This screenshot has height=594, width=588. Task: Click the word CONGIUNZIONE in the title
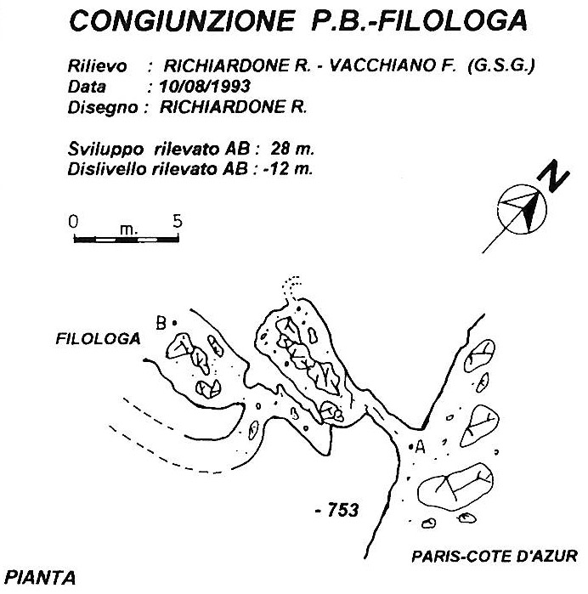click(182, 20)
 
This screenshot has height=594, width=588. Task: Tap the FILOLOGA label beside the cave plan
click(98, 338)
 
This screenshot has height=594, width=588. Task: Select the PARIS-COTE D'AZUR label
click(495, 556)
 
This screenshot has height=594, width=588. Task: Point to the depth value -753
click(337, 510)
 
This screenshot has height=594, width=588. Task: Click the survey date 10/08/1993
click(205, 87)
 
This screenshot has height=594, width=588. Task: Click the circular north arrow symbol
click(522, 209)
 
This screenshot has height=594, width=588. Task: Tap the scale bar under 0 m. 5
click(126, 240)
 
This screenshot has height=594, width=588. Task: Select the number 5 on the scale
click(178, 221)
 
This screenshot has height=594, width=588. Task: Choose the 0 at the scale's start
click(73, 221)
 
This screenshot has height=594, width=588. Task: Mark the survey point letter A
click(420, 447)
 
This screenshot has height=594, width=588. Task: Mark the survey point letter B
click(161, 323)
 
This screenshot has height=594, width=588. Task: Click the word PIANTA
click(40, 578)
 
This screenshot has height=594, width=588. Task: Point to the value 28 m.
click(292, 149)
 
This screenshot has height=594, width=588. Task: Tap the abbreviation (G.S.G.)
click(501, 66)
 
